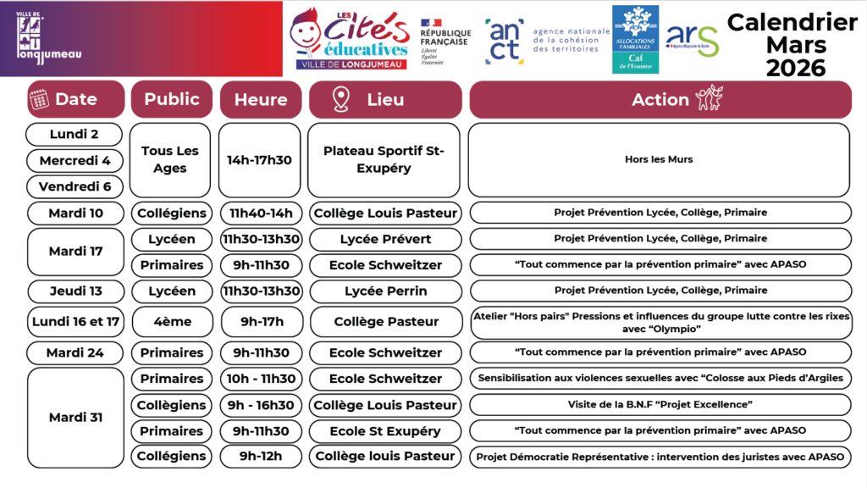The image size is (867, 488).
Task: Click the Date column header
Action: coord(75,99)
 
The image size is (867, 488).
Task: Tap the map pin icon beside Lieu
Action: coord(340,99)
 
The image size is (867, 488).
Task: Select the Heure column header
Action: coord(261,99)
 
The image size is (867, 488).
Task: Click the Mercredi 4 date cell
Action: coord(75,160)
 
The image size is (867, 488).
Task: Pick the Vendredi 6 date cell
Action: coord(75,186)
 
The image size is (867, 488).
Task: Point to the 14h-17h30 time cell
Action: coord(260,160)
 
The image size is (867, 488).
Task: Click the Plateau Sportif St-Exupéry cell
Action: coord(384,160)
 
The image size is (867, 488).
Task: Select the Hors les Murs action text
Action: coord(659,159)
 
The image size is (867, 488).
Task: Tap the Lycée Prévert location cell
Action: coord(385,239)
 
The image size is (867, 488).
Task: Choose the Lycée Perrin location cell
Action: coord(385,291)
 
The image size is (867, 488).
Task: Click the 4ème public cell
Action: coord(171,322)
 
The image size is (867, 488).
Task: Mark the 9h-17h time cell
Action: coord(260,322)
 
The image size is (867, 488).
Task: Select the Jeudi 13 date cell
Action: coord(75,291)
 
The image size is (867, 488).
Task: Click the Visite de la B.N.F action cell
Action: coord(660,404)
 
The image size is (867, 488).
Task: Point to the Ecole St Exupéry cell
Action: coord(385,430)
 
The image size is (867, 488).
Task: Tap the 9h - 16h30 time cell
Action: coord(260,404)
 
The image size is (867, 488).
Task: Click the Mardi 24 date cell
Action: coord(75,352)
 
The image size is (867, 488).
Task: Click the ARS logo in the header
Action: coord(692,39)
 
